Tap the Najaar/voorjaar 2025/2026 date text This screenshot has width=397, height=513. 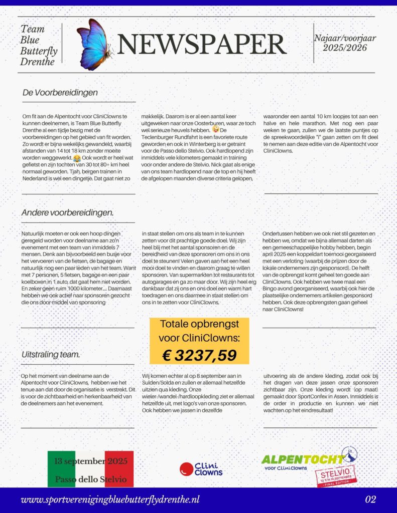click(345, 43)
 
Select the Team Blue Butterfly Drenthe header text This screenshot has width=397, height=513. click(39, 45)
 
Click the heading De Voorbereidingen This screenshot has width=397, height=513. click(60, 93)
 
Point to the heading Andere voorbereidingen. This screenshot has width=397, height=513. click(67, 213)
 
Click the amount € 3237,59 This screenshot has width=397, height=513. click(199, 355)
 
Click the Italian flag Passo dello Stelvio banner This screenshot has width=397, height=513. click(91, 469)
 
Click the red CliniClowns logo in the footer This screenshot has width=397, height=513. click(201, 469)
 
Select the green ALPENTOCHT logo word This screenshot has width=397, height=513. click(302, 459)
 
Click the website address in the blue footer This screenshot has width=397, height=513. click(110, 499)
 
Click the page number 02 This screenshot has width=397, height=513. click(371, 499)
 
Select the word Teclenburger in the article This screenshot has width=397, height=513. click(161, 137)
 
